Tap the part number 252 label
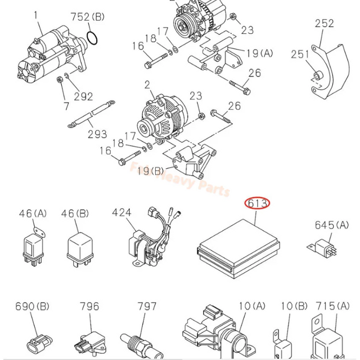[x=324, y=24]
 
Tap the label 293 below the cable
[x=97, y=134]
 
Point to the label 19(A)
[x=259, y=53]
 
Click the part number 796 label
[x=89, y=307]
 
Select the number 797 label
[x=147, y=307]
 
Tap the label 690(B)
[x=32, y=307]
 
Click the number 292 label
[x=84, y=97]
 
